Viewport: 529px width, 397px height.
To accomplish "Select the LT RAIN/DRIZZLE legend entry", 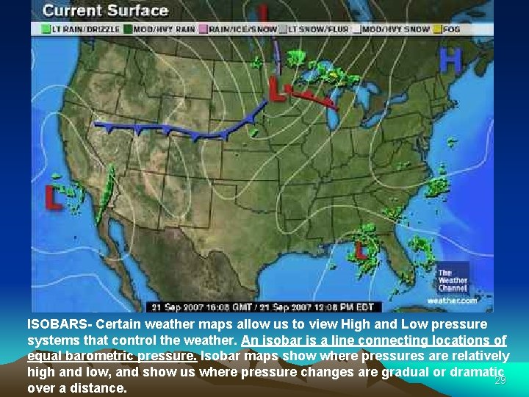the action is point(71,29).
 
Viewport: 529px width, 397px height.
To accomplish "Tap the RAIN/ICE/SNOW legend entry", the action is point(242,29).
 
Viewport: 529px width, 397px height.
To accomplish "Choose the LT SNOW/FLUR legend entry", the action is point(318,29).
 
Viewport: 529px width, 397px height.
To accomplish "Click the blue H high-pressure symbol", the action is point(450,60).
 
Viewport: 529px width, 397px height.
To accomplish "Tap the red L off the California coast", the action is point(54,197).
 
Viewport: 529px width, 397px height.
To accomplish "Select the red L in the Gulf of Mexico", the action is point(360,250).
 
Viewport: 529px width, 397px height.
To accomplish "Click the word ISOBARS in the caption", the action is point(60,324).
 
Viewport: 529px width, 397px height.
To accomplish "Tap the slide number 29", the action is point(500,380).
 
